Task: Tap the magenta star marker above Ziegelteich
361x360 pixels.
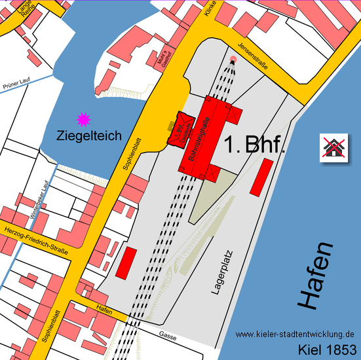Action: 83,119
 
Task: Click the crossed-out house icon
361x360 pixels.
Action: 333,149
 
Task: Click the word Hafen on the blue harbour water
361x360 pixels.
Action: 316,276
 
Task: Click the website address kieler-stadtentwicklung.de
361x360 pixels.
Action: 294,334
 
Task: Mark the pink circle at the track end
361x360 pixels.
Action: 233,60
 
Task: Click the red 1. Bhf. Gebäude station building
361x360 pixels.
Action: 181,129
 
